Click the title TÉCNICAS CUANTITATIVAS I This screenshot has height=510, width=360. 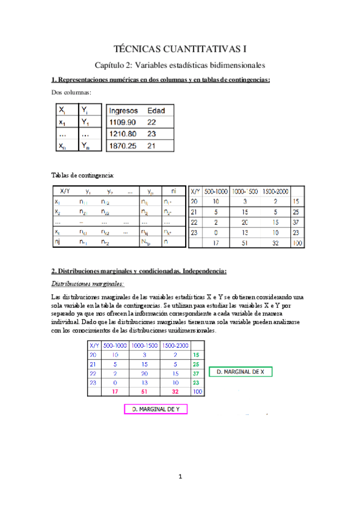[x=180, y=47]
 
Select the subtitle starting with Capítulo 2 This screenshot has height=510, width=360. [x=180, y=64]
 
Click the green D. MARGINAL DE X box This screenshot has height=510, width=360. [x=240, y=372]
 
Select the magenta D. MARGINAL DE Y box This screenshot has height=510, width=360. [x=156, y=410]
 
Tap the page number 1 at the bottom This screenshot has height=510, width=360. [x=180, y=477]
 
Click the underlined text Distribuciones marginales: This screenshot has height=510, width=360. [x=86, y=283]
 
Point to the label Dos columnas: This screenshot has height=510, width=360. [x=72, y=92]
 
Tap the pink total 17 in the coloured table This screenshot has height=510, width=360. [x=114, y=392]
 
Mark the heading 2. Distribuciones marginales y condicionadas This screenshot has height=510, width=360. [x=139, y=270]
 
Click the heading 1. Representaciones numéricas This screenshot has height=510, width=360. [x=160, y=80]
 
